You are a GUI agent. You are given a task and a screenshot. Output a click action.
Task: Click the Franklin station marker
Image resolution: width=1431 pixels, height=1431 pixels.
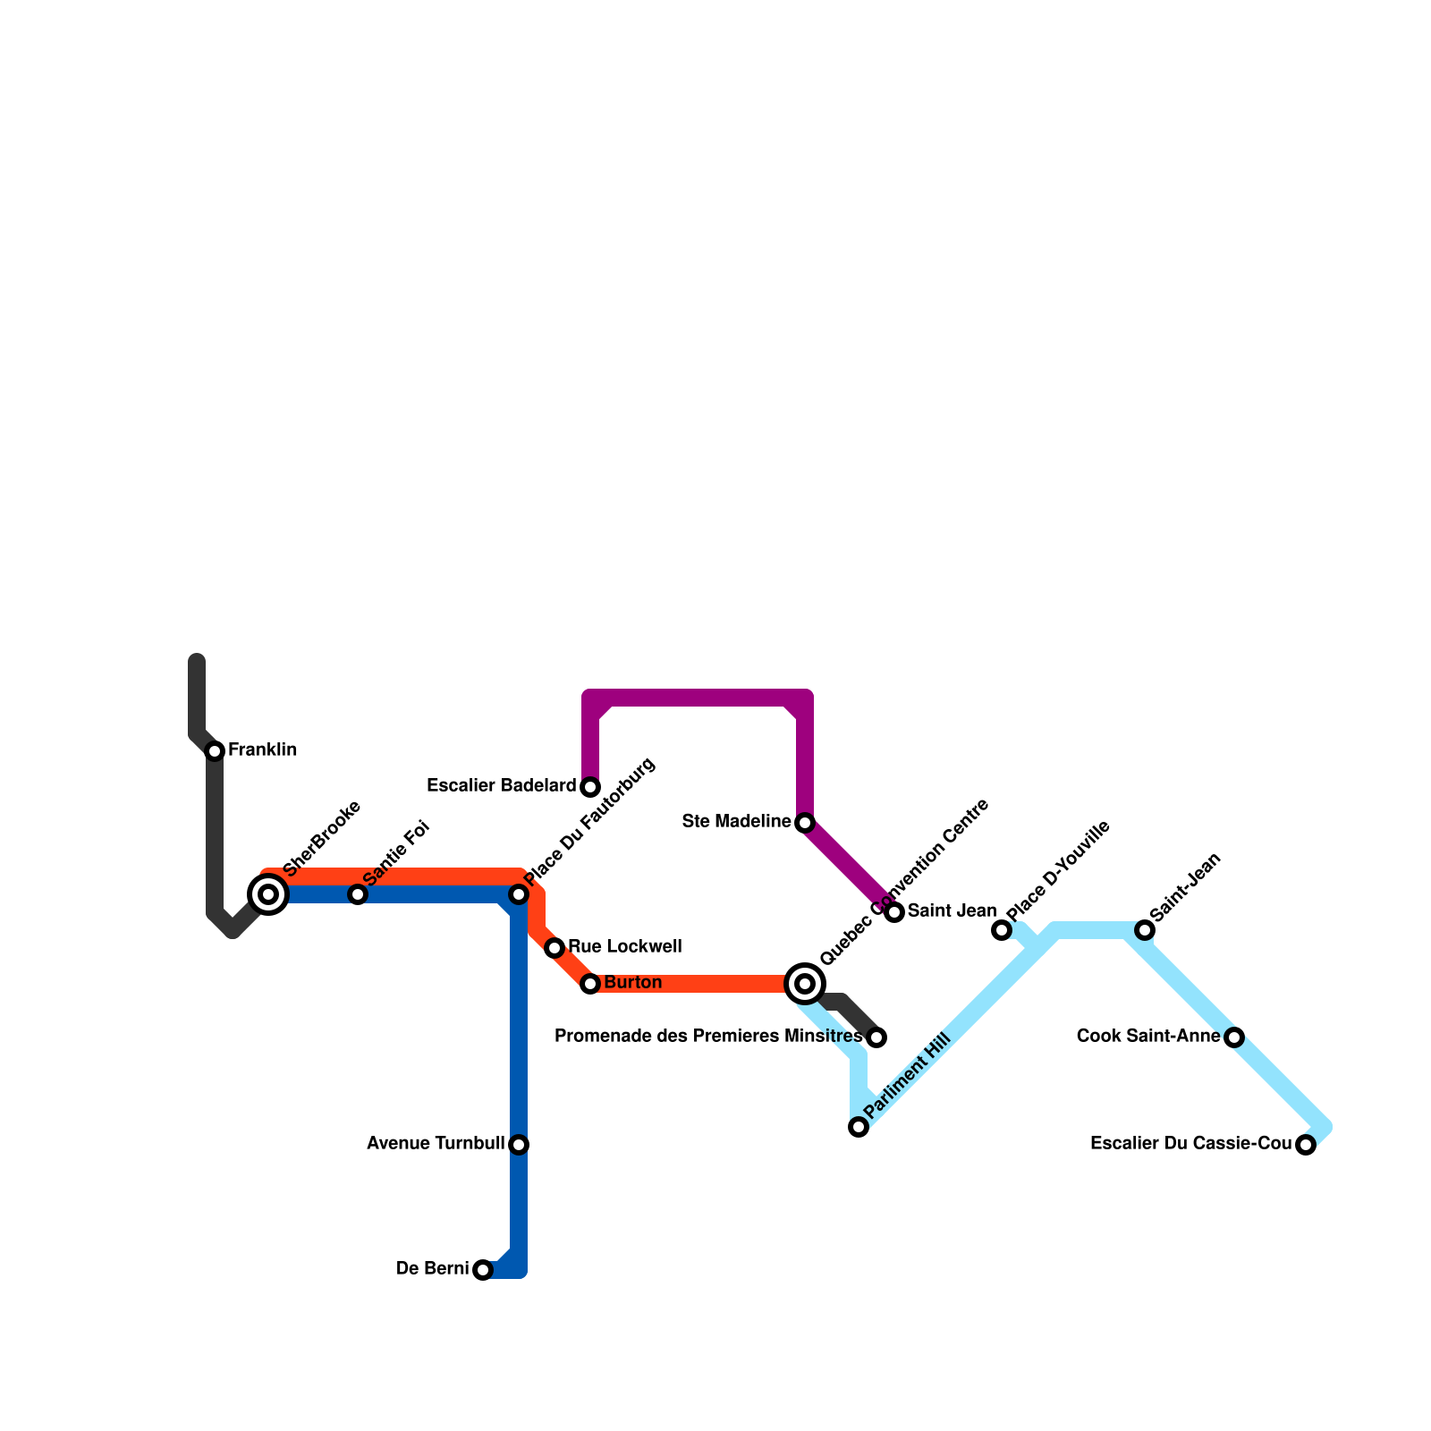[215, 751]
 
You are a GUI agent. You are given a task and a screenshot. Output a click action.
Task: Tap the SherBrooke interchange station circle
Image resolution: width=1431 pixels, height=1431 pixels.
[268, 894]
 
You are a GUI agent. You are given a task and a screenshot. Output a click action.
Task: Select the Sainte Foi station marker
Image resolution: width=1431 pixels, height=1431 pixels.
[358, 894]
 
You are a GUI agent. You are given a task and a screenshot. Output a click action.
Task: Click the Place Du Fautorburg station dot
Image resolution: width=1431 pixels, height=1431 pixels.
[519, 894]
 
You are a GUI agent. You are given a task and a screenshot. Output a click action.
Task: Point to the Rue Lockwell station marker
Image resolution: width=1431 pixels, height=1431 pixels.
[555, 948]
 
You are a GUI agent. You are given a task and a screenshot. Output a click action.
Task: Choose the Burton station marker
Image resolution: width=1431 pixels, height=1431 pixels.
[590, 984]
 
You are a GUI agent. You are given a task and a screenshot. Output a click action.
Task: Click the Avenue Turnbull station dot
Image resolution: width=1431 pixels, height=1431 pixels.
[519, 1145]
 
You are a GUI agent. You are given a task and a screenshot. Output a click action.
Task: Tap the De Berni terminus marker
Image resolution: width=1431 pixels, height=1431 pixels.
[483, 1270]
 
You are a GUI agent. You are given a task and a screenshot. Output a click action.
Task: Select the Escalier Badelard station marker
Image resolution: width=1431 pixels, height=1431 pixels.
[590, 787]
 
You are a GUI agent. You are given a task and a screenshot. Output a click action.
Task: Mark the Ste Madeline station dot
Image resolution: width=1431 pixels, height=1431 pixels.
[805, 823]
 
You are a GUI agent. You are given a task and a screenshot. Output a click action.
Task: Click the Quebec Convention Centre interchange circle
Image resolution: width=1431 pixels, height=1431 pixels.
[805, 984]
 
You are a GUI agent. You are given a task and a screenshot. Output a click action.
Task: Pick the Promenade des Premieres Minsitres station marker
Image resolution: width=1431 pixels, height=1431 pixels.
[876, 1037]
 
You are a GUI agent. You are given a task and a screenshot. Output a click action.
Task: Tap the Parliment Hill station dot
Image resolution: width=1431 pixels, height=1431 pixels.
[859, 1127]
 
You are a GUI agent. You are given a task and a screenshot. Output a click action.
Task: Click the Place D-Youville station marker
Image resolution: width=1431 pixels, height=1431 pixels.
[1002, 930]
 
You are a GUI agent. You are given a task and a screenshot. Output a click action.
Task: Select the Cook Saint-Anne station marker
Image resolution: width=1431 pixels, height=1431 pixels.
[1234, 1037]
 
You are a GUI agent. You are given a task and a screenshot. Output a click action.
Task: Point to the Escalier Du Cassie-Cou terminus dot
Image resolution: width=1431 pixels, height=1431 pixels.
[1306, 1145]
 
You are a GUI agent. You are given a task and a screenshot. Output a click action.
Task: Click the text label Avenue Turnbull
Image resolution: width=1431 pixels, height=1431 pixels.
[436, 1144]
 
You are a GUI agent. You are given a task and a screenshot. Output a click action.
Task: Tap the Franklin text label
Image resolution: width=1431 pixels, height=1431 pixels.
[262, 750]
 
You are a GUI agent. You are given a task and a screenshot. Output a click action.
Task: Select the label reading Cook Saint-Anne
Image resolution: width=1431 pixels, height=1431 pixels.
[1148, 1037]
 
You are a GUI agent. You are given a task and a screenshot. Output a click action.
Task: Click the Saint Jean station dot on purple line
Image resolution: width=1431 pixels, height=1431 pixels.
[894, 912]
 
